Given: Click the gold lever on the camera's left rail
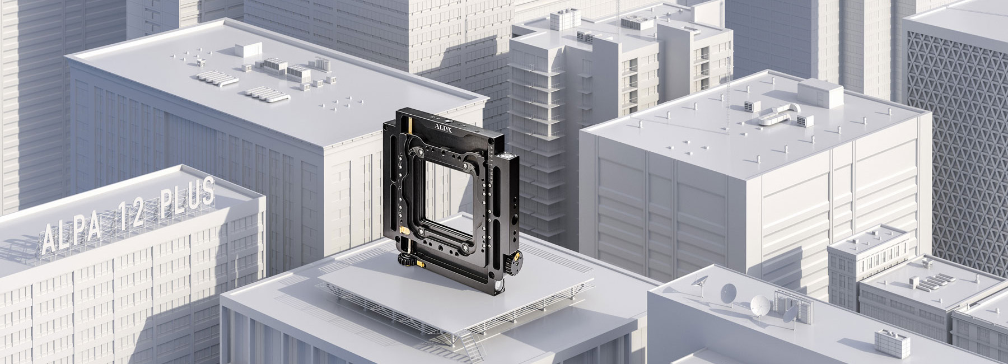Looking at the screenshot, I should pyautogui.click(x=404, y=230).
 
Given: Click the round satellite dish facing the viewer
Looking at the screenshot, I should pyautogui.click(x=760, y=304).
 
